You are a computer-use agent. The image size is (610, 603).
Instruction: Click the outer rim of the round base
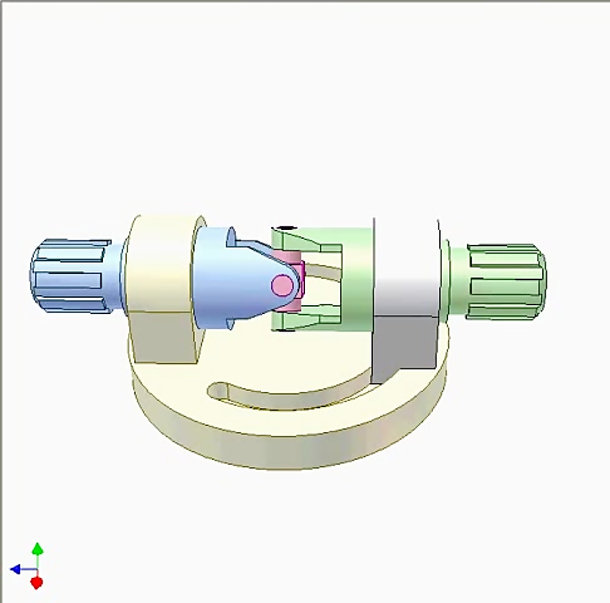[285, 451]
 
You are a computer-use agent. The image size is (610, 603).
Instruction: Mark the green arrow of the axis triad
[38, 549]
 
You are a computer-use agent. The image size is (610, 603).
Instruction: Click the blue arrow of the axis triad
[16, 569]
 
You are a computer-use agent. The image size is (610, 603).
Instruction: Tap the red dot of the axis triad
[37, 582]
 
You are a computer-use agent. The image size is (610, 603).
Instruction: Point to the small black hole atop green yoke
[287, 229]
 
